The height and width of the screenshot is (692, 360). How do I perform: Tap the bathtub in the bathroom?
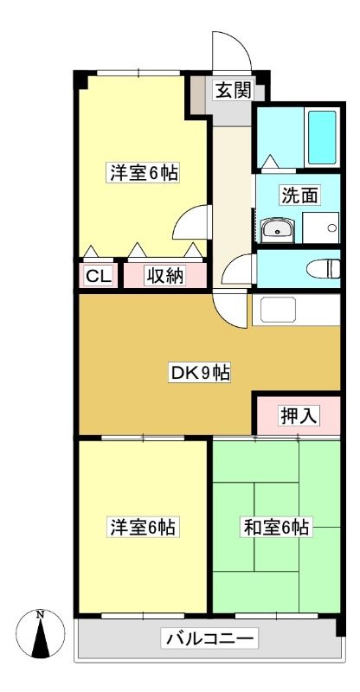pos(322,137)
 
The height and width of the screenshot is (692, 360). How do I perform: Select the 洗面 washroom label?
pos(300,195)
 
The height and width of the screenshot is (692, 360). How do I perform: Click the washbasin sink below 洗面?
pos(278,230)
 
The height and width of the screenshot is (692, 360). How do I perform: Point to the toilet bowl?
pos(324,269)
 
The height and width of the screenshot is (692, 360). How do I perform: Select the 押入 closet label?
pos(299,415)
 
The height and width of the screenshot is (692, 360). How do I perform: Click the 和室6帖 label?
pos(277,527)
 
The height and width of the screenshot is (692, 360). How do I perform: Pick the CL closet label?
pos(99,277)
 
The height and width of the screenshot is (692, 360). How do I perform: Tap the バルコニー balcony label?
pos(209,638)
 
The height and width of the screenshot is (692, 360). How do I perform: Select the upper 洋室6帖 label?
pos(144,172)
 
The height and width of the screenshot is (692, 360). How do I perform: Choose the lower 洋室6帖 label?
pos(142,527)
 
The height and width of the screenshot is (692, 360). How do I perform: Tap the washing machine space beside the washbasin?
pos(321,227)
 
